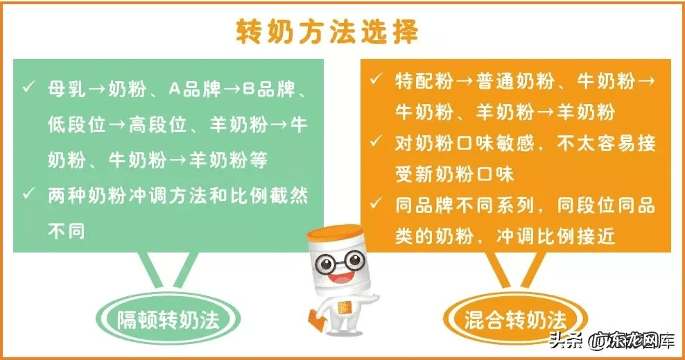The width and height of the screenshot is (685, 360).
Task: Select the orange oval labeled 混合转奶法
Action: pos(515,320)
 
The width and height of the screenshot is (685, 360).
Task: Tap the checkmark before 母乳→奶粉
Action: pos(28,88)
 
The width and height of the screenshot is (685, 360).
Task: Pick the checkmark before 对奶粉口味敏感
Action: pos(375,142)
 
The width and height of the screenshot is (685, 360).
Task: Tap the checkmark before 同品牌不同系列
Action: pos(375,205)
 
